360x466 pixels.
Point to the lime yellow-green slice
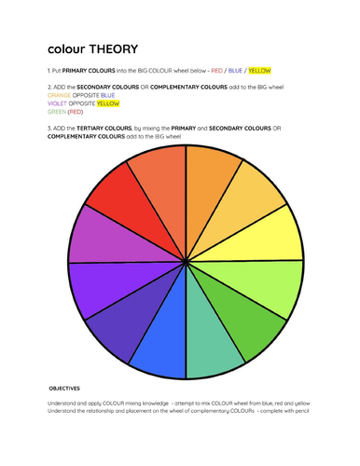pyautogui.click(x=272, y=281)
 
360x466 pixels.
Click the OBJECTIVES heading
pyautogui.click(x=64, y=388)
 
